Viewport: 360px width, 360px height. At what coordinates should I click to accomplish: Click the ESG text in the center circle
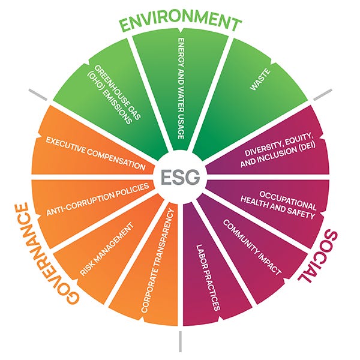point(180,178)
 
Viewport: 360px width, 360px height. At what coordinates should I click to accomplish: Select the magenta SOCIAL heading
point(324,258)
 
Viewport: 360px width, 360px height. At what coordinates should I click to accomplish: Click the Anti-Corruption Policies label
point(98,202)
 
